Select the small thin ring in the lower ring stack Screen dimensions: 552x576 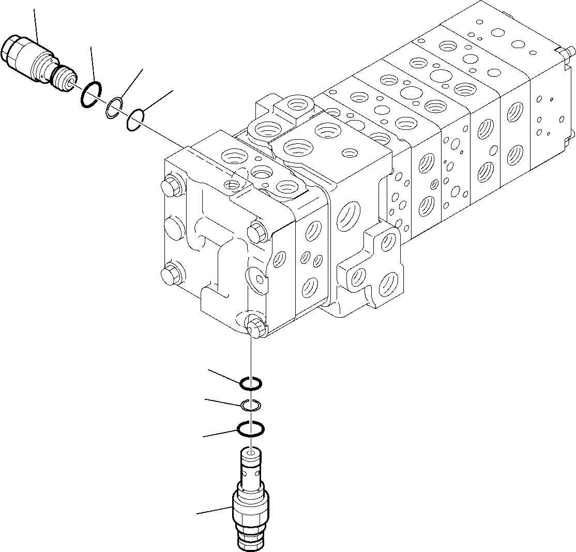(251, 405)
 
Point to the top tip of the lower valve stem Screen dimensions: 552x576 (251, 452)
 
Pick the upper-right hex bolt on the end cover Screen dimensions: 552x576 (257, 232)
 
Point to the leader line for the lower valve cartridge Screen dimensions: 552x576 (213, 511)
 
